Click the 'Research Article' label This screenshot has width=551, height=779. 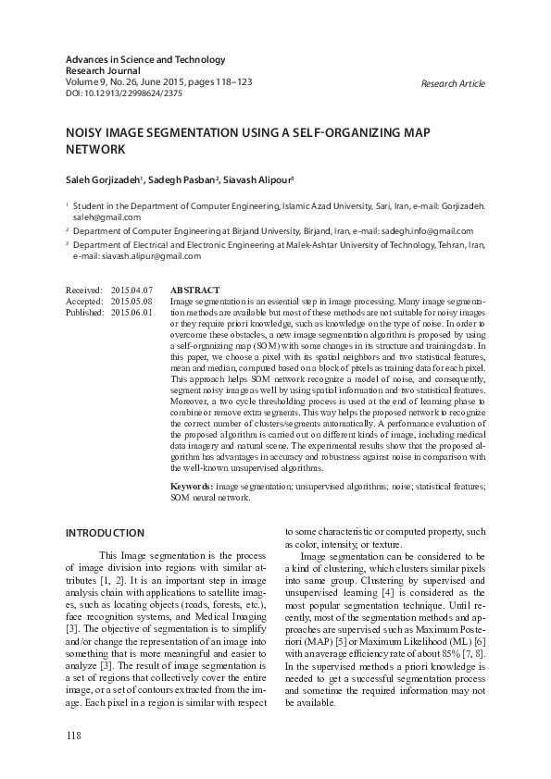452,83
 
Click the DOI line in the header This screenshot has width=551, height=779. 123,93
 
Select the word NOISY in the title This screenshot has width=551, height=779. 86,133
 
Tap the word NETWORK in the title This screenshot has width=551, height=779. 94,149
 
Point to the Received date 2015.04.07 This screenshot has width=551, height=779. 131,291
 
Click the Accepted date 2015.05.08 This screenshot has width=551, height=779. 131,302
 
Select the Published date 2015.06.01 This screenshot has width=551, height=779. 131,313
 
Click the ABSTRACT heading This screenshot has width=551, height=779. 194,291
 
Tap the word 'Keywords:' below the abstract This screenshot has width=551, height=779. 192,486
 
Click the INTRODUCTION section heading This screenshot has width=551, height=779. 105,533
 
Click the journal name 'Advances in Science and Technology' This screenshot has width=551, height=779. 145,60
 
